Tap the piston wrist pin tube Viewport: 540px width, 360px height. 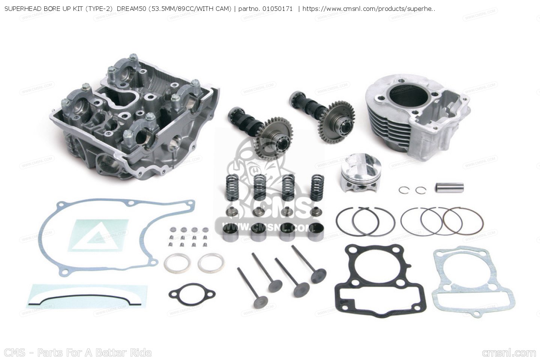pos(449,187)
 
